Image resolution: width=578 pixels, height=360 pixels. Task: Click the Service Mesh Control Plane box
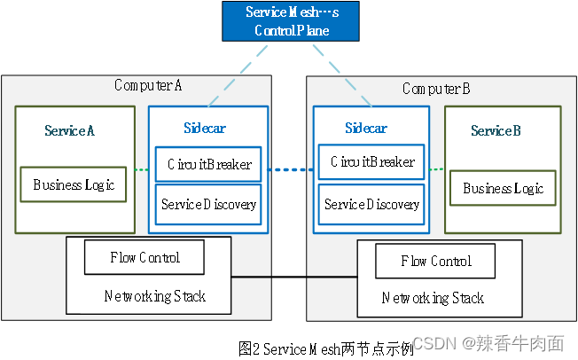[292, 21]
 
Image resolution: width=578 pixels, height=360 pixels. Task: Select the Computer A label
[148, 85]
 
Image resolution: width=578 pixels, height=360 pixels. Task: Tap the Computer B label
[436, 89]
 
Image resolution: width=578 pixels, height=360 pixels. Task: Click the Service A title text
[69, 130]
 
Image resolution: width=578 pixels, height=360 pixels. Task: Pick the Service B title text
[495, 131]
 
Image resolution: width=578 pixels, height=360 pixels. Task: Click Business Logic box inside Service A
[74, 185]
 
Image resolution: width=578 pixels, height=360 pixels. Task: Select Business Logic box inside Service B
[503, 189]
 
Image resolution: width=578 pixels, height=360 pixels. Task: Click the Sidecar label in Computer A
[205, 128]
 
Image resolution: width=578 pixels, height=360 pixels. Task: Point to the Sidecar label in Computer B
[366, 128]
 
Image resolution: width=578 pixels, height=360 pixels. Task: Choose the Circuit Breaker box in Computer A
[208, 164]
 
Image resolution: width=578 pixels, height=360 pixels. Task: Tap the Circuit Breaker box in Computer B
[371, 162]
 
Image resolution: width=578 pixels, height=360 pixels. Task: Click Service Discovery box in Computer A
[208, 205]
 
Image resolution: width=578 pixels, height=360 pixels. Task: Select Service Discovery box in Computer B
[371, 205]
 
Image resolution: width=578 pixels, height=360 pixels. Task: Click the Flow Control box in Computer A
[144, 257]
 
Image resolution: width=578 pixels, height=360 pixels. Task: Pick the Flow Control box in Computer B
[435, 261]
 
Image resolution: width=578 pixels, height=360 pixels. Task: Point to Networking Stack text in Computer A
[154, 296]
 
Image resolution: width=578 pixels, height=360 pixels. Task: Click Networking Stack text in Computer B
[433, 299]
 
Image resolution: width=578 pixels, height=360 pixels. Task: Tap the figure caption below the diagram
[325, 348]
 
